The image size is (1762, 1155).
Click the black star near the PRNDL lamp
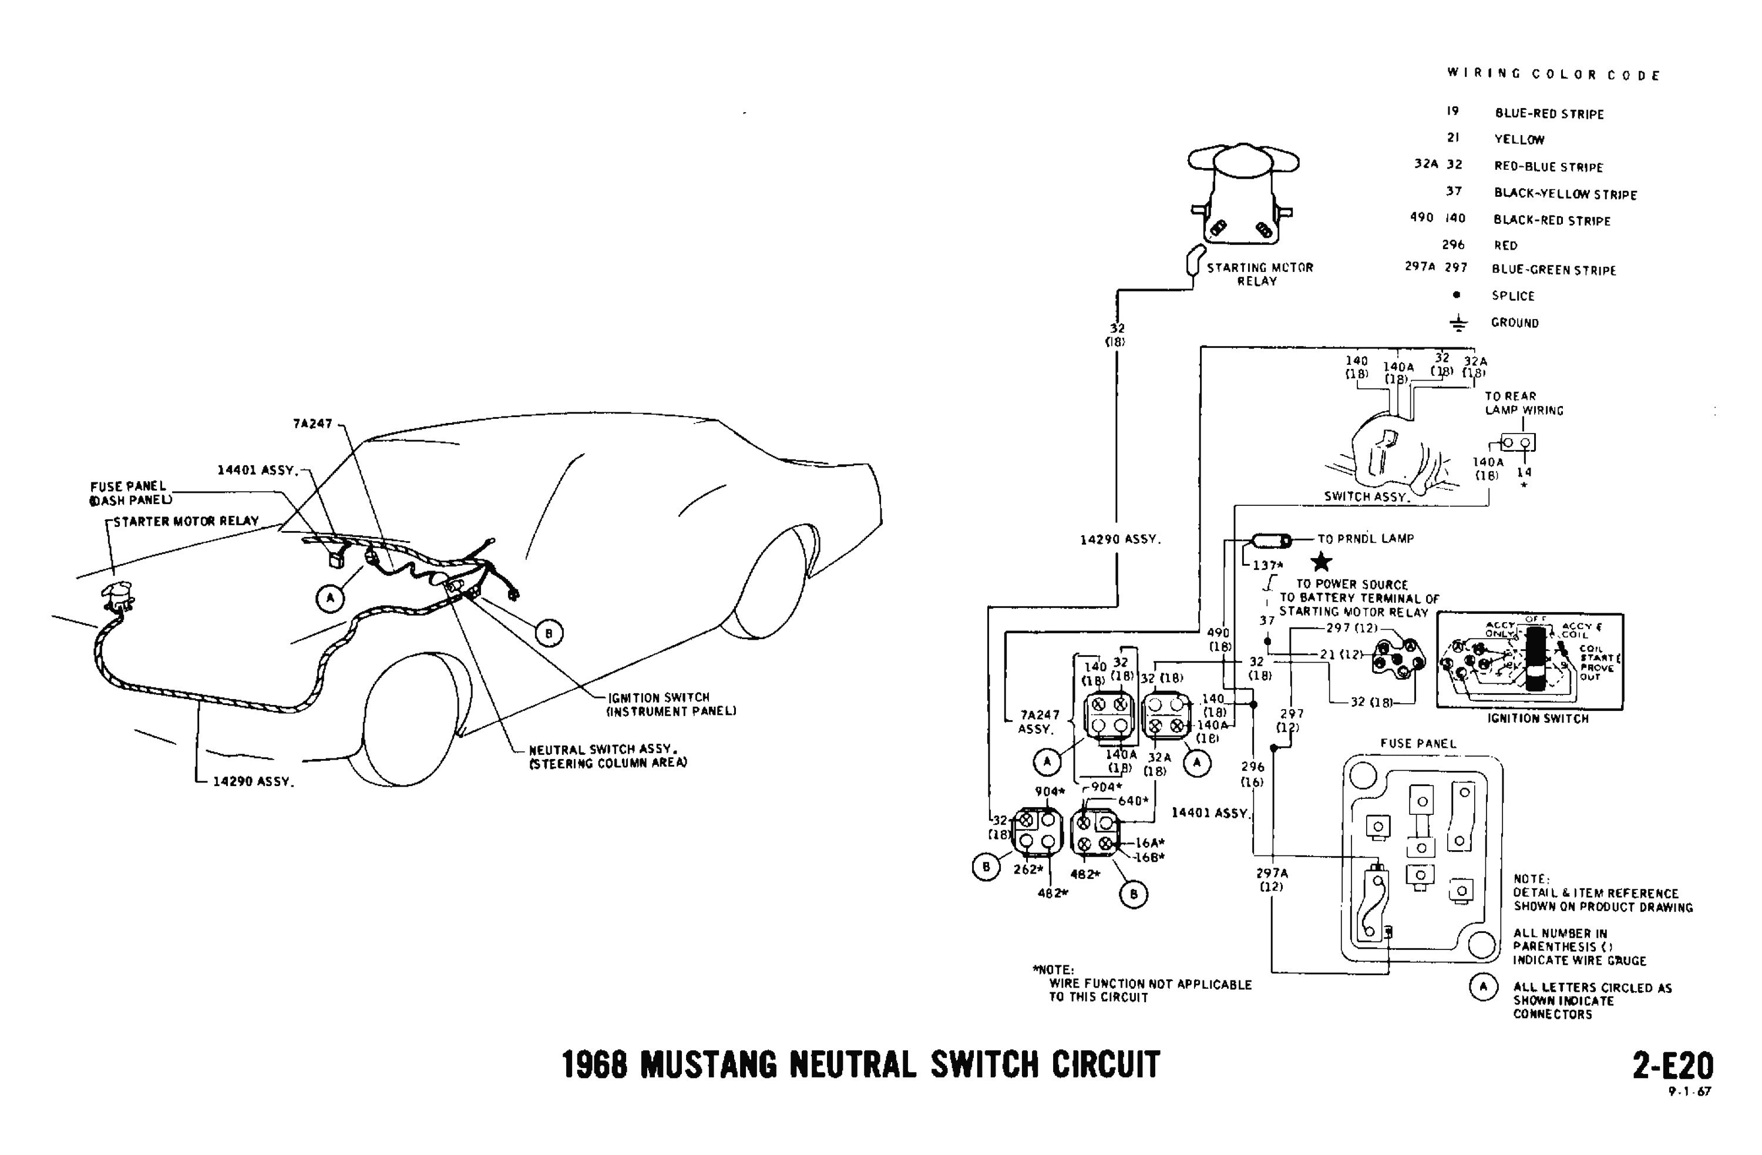pos(1321,562)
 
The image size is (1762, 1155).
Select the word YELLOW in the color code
pos(1519,139)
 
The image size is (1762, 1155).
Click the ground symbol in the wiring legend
pos(1457,323)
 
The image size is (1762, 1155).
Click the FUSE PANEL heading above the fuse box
pos(1418,743)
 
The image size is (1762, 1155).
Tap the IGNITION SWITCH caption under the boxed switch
pos(1538,718)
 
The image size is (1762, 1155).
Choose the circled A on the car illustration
pos(329,598)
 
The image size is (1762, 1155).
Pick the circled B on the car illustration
pos(549,633)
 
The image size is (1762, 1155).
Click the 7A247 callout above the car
pos(312,424)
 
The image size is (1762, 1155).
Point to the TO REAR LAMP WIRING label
pos(1524,404)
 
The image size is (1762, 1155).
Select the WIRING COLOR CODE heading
pos(1553,75)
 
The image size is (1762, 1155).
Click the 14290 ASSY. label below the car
pos(253,781)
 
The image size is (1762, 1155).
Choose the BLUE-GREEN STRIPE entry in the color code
pos(1553,270)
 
